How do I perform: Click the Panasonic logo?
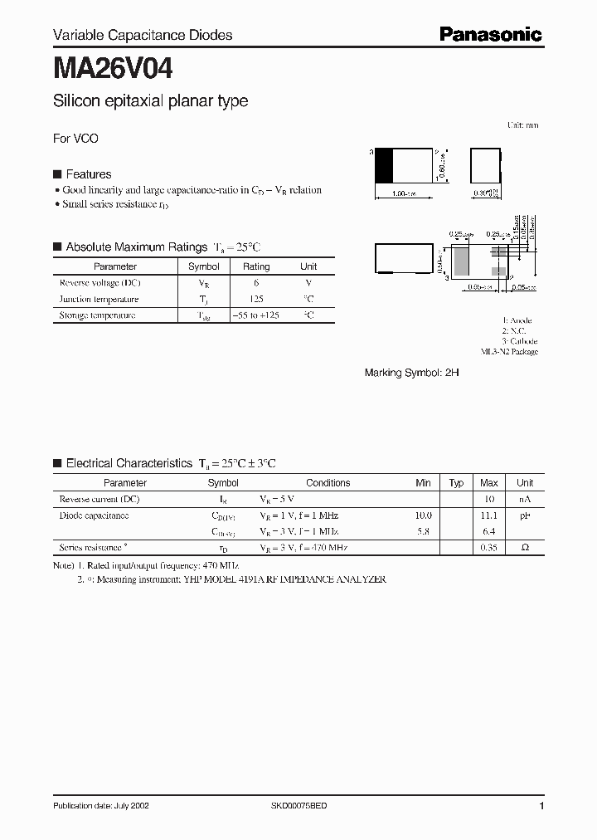[490, 34]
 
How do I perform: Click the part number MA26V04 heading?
[113, 66]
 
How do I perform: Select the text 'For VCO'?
[75, 139]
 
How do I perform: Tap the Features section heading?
[88, 174]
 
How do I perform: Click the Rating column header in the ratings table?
[255, 266]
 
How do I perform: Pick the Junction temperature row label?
[99, 299]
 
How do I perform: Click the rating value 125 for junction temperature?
[255, 299]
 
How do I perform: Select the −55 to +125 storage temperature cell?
[255, 315]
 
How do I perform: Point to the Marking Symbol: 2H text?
[411, 374]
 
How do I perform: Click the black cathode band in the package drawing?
[384, 165]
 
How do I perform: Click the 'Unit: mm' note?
[522, 125]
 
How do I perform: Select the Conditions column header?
[328, 482]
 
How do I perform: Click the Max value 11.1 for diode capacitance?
[489, 515]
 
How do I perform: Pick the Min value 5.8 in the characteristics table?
[423, 531]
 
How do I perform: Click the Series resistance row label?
[94, 548]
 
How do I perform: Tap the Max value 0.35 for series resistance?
[489, 548]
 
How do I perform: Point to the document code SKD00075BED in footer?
[299, 806]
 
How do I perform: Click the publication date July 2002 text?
[101, 806]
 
